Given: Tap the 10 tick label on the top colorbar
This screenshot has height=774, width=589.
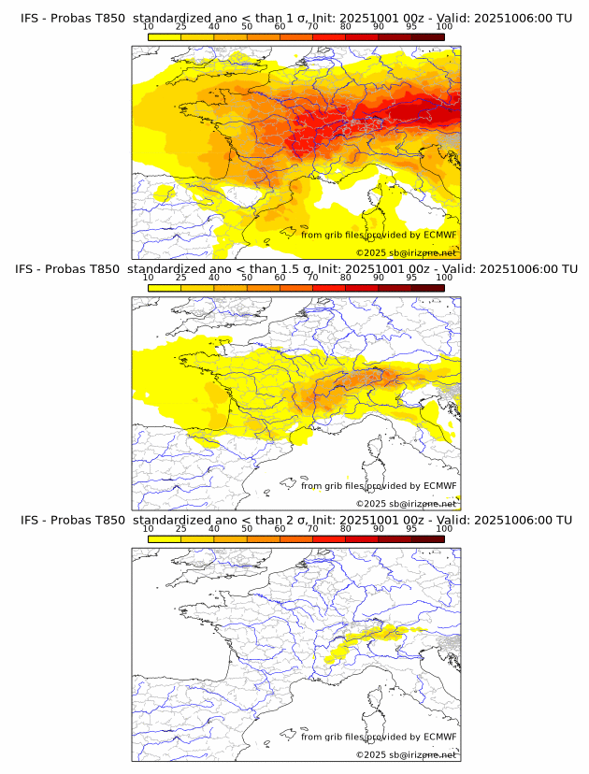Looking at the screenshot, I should (149, 28).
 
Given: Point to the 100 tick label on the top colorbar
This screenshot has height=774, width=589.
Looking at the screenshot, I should (444, 28).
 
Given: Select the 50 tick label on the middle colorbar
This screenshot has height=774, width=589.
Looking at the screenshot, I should (247, 279).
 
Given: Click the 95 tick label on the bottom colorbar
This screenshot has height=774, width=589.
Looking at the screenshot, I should (411, 529).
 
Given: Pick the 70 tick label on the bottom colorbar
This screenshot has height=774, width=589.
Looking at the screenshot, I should (312, 529).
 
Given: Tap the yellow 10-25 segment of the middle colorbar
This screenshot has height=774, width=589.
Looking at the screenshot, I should (165, 288).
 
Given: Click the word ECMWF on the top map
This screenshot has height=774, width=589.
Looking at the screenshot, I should (439, 235).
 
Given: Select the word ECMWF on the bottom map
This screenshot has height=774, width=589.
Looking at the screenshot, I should (439, 737).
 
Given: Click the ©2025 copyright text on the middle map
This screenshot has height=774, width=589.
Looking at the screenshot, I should (406, 504).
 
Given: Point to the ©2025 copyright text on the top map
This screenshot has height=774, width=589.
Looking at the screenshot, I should (406, 253).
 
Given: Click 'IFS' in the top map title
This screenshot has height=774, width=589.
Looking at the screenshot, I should (30, 18).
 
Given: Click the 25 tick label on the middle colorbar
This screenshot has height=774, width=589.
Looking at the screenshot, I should (181, 279).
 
